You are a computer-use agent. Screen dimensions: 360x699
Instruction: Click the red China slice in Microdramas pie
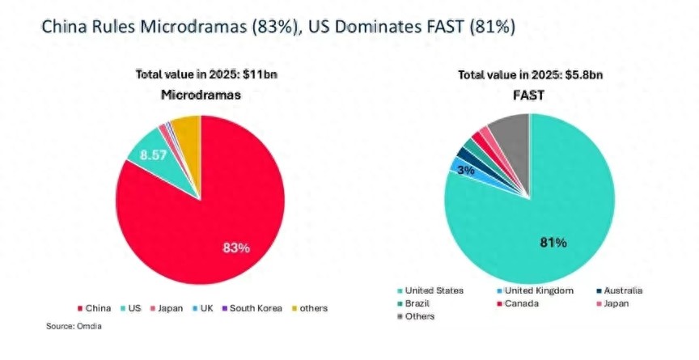click(x=186, y=218)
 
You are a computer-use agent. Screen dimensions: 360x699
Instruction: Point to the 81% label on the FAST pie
click(x=553, y=242)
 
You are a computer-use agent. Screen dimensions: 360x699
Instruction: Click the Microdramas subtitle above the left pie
click(x=201, y=95)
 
